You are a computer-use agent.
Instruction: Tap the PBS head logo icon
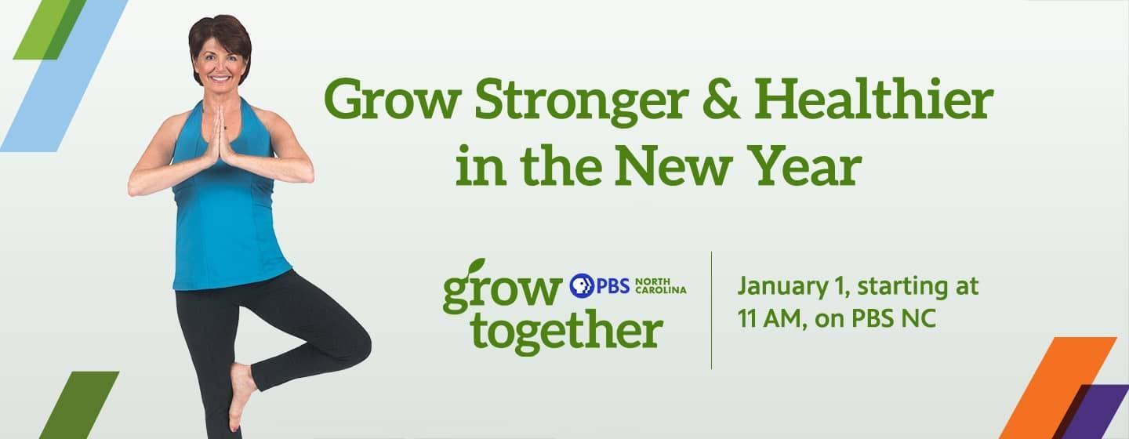pyautogui.click(x=581, y=285)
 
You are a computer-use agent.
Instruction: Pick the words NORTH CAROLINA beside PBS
pyautogui.click(x=660, y=285)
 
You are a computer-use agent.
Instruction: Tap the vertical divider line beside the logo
pyautogui.click(x=711, y=310)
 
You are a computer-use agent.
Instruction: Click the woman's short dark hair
pyautogui.click(x=219, y=35)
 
